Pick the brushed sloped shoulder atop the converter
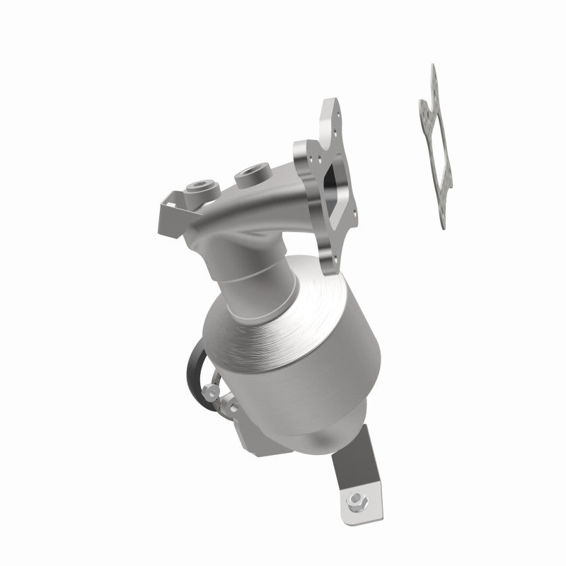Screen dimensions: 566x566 (x=283, y=325)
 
